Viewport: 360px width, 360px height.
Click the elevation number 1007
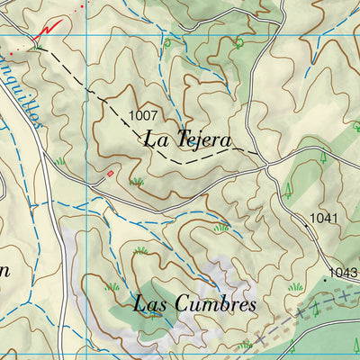[x=143, y=115]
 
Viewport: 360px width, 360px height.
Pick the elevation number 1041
[x=323, y=219]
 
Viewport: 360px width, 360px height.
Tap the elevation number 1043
[x=343, y=273]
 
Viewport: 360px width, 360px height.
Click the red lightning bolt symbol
[x=42, y=32]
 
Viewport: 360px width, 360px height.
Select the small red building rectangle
[x=111, y=172]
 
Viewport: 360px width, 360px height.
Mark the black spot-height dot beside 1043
[x=326, y=280]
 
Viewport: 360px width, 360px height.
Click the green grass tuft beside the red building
[x=137, y=182]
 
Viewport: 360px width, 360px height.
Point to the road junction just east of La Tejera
[x=267, y=165]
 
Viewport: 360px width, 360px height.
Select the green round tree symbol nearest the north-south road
[x=238, y=41]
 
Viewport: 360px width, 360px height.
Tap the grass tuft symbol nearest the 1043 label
[x=294, y=286]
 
